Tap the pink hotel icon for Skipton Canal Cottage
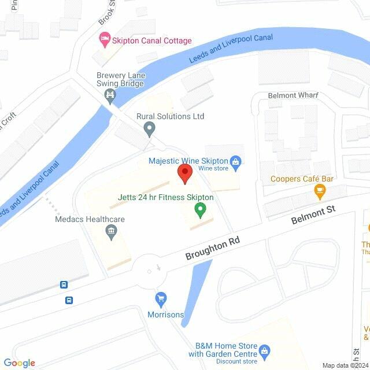point(105,40)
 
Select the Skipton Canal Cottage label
point(152,41)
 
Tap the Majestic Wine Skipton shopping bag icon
point(235,162)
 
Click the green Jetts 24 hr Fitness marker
point(200,210)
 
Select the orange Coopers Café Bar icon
point(319,190)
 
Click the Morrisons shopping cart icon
point(161,299)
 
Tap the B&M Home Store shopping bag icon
point(264,350)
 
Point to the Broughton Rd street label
point(212,247)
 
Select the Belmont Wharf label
point(293,95)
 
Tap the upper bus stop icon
point(64,285)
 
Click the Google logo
point(19,363)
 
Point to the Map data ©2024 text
point(345,365)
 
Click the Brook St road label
point(104,13)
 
